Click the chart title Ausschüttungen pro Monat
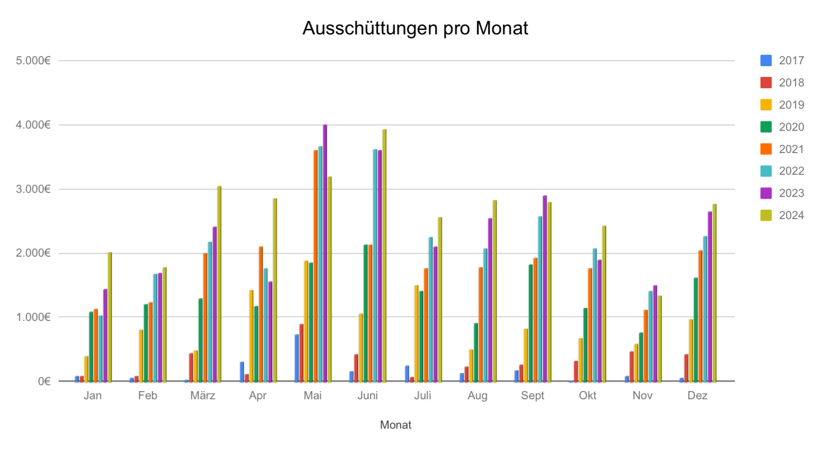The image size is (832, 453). coord(415,28)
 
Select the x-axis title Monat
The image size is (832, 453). coord(395,425)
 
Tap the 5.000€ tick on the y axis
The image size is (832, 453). coord(33,61)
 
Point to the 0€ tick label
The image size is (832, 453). coord(44,381)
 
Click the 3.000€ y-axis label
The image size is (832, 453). coord(33,189)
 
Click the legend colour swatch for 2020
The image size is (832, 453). coord(766,127)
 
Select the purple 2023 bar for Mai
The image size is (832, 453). coord(325,253)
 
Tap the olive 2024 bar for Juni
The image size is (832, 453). coord(384,256)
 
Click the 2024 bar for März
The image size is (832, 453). coord(219,284)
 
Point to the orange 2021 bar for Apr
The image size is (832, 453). coord(261,314)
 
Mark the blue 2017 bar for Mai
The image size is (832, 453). coord(296,358)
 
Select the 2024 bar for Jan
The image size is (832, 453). coord(109,317)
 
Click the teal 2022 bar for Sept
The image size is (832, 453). coord(540,299)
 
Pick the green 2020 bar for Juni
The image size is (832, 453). coord(366,313)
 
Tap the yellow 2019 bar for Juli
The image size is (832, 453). coord(416,334)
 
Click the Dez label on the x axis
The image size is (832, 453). coord(697,396)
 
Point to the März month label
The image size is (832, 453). coord(202,396)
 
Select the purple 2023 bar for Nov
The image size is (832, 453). coord(655,334)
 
